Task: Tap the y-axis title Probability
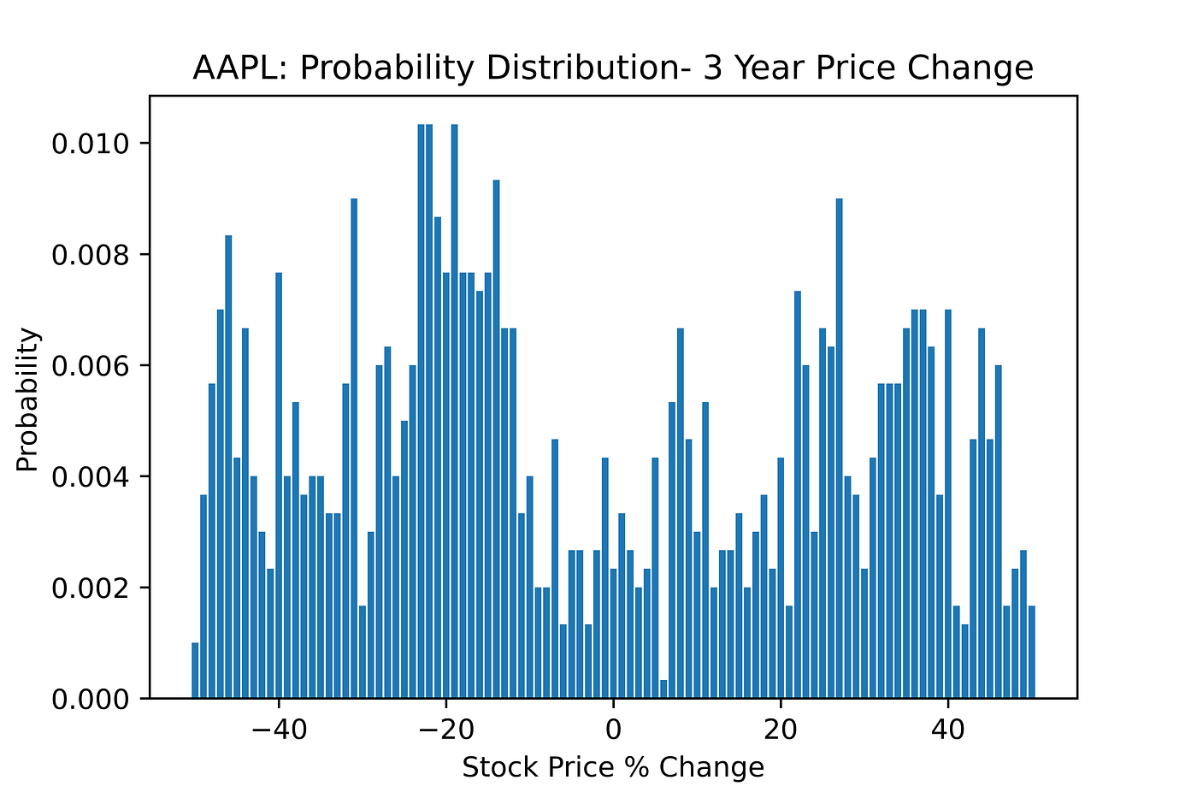[27, 399]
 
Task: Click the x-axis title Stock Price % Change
[613, 767]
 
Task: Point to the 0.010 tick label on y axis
[90, 143]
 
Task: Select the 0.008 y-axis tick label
[90, 254]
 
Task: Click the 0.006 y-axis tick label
[90, 365]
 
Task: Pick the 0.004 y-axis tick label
[90, 476]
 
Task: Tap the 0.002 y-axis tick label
[90, 588]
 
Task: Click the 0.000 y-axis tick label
[90, 699]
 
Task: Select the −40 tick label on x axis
[277, 730]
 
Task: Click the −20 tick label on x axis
[445, 730]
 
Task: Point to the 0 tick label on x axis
[613, 730]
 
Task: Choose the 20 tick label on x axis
[781, 730]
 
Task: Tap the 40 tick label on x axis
[948, 730]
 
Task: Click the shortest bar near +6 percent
[663, 689]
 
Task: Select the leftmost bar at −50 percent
[195, 671]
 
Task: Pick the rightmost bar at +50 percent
[1032, 653]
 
